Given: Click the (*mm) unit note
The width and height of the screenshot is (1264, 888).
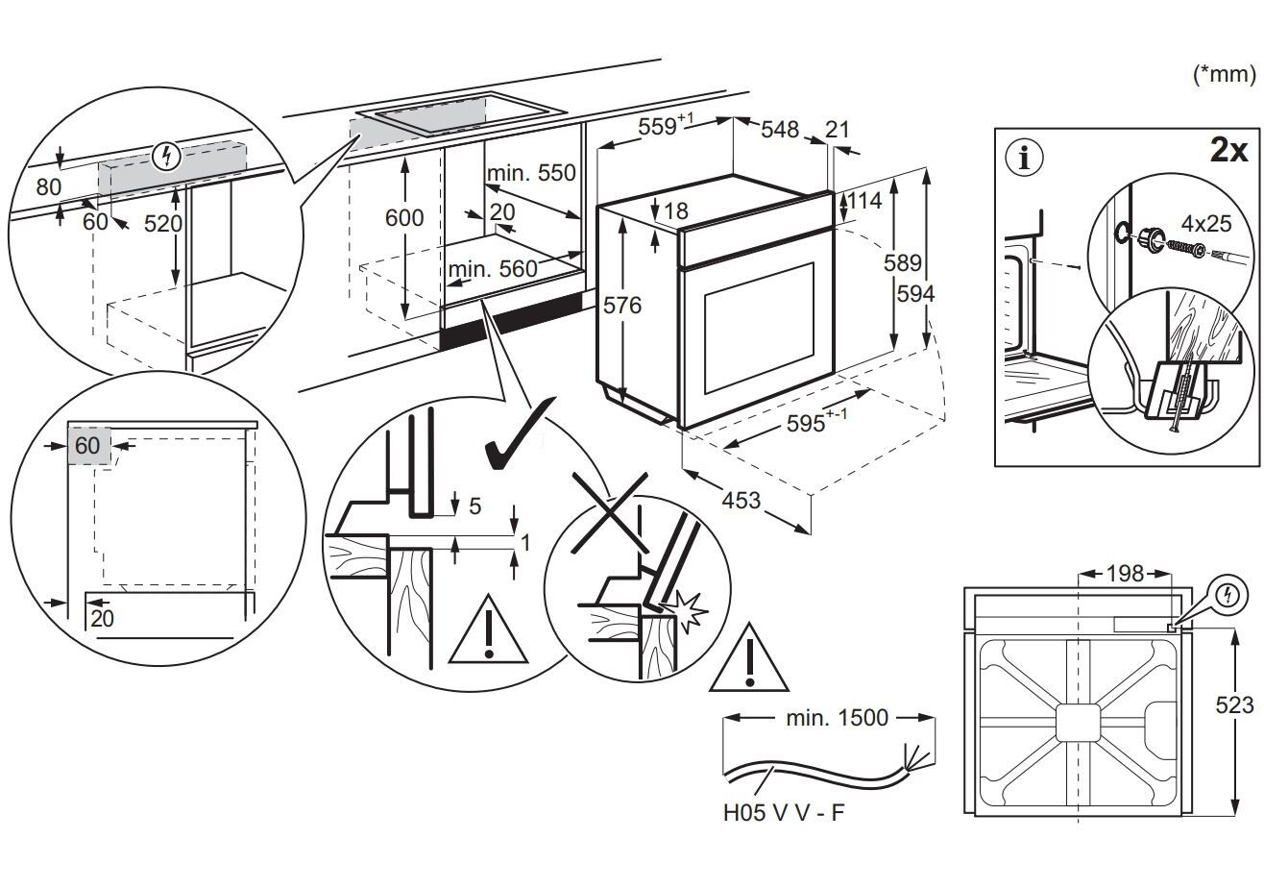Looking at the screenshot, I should click(1223, 74).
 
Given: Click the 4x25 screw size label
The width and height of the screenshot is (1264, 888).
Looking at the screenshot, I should click(1205, 223).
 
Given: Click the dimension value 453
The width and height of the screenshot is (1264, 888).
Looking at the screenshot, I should click(740, 501).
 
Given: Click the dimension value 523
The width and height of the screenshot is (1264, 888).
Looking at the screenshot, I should click(1234, 704).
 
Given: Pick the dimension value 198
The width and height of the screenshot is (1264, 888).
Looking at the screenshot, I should click(1124, 574).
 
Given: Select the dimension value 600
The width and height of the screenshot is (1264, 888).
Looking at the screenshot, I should click(404, 218).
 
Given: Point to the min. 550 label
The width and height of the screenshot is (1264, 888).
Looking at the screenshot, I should click(530, 173).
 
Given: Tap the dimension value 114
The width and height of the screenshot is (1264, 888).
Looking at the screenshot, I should click(863, 202).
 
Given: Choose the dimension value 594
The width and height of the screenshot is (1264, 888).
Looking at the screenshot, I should click(914, 294).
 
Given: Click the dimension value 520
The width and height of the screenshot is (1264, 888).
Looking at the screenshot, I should click(151, 223).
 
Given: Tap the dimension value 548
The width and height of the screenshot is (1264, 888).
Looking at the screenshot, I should click(780, 129).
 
